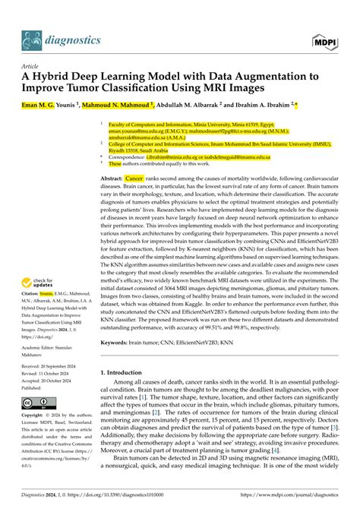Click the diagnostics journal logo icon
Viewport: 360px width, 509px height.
coord(31,38)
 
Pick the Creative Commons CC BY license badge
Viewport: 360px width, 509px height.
coord(35,401)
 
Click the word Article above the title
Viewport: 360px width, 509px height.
coord(29,65)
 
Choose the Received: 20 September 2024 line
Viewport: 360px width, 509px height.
coord(55,365)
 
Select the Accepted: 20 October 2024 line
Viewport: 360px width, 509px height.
coord(54,379)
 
